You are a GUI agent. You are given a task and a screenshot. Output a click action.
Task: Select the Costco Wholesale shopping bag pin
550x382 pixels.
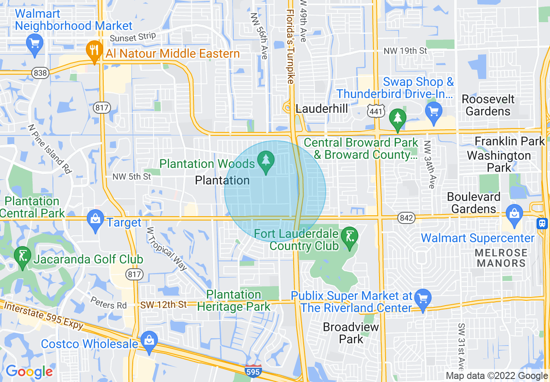(149, 341)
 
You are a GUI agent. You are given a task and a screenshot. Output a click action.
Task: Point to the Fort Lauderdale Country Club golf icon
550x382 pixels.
(350, 237)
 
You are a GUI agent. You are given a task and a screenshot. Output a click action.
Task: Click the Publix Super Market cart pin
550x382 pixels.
(422, 298)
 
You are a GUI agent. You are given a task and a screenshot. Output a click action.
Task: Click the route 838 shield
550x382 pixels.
(40, 73)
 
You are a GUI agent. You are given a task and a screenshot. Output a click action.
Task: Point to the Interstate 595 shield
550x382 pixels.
(253, 371)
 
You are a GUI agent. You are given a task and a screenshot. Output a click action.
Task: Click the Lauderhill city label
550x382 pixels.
(321, 109)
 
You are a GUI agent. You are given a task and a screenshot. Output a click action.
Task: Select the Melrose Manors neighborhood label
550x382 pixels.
(501, 258)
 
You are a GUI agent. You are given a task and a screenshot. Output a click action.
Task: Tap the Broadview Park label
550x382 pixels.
(350, 333)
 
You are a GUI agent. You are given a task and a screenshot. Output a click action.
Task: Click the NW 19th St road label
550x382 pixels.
(405, 51)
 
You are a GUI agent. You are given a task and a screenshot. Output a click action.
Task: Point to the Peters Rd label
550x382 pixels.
(108, 303)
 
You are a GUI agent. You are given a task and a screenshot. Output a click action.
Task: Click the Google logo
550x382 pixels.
(29, 372)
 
